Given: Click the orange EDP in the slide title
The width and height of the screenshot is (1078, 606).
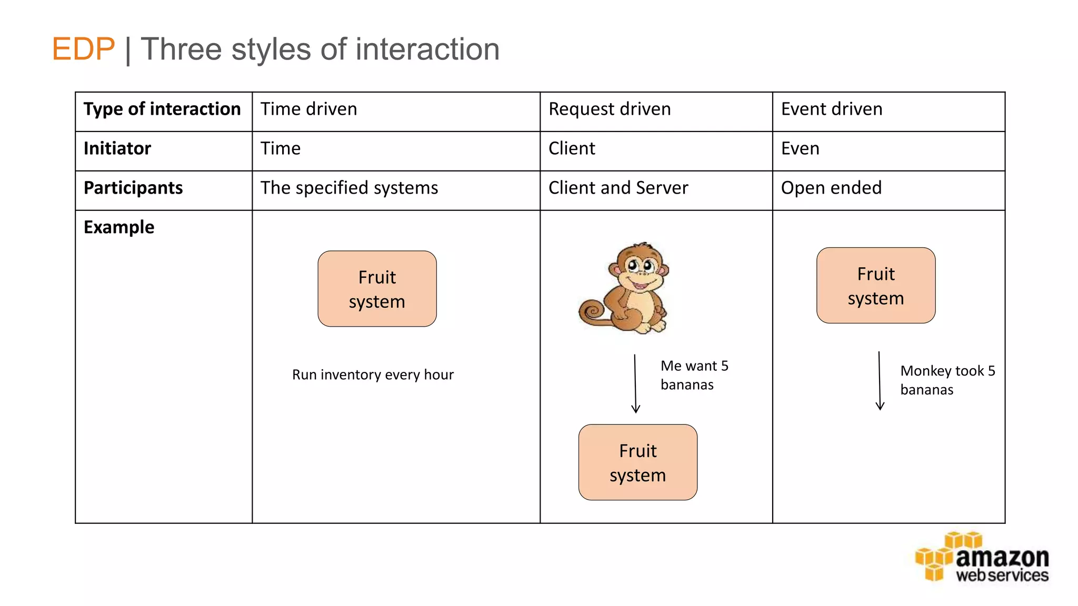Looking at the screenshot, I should click(x=83, y=49).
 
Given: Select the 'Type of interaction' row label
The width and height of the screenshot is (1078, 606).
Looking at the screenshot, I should click(x=162, y=109).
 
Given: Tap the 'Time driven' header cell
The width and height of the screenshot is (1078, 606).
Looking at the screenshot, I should click(x=309, y=109).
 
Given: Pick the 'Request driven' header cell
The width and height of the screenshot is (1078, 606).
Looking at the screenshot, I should click(x=610, y=109).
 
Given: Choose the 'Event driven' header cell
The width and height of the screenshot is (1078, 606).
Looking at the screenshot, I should click(x=832, y=109).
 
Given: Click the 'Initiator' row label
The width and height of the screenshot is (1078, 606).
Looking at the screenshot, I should click(x=117, y=149).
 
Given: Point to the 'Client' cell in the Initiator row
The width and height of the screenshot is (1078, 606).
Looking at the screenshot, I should click(x=572, y=149).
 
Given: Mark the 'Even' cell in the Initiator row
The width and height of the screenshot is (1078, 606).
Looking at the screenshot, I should click(x=800, y=149).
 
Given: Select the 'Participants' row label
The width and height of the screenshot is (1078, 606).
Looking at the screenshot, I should click(x=133, y=188).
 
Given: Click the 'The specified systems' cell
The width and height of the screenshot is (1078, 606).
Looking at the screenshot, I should click(x=349, y=188).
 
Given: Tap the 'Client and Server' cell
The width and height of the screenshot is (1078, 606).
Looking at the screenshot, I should click(x=618, y=188).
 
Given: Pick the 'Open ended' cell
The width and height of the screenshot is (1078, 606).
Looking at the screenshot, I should click(x=831, y=188).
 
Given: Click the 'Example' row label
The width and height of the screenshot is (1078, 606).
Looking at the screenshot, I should click(x=119, y=228).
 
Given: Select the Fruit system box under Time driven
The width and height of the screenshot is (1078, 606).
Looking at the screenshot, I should click(x=377, y=289).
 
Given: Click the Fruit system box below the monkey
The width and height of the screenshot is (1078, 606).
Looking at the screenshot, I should click(x=637, y=462).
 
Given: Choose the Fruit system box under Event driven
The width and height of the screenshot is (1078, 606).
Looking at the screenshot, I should click(x=876, y=286).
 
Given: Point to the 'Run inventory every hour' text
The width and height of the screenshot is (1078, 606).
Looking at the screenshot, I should click(x=373, y=375).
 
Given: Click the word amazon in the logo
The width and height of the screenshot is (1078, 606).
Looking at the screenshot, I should click(x=1002, y=558).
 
